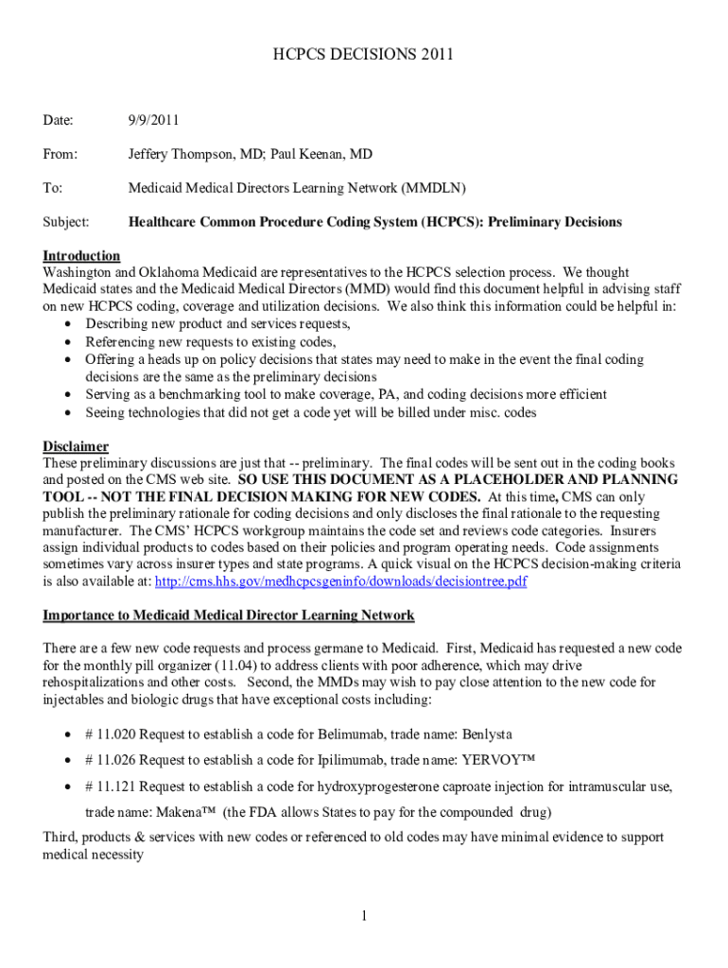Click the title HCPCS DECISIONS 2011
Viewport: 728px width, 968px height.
coord(364,55)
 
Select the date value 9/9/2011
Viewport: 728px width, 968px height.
coord(154,120)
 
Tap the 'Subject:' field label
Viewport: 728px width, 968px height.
coord(66,222)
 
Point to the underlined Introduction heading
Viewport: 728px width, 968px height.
coord(81,256)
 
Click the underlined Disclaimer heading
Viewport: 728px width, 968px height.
coord(76,446)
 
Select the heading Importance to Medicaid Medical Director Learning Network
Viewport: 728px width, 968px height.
coord(229,615)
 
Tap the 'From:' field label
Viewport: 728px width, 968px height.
coord(61,154)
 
